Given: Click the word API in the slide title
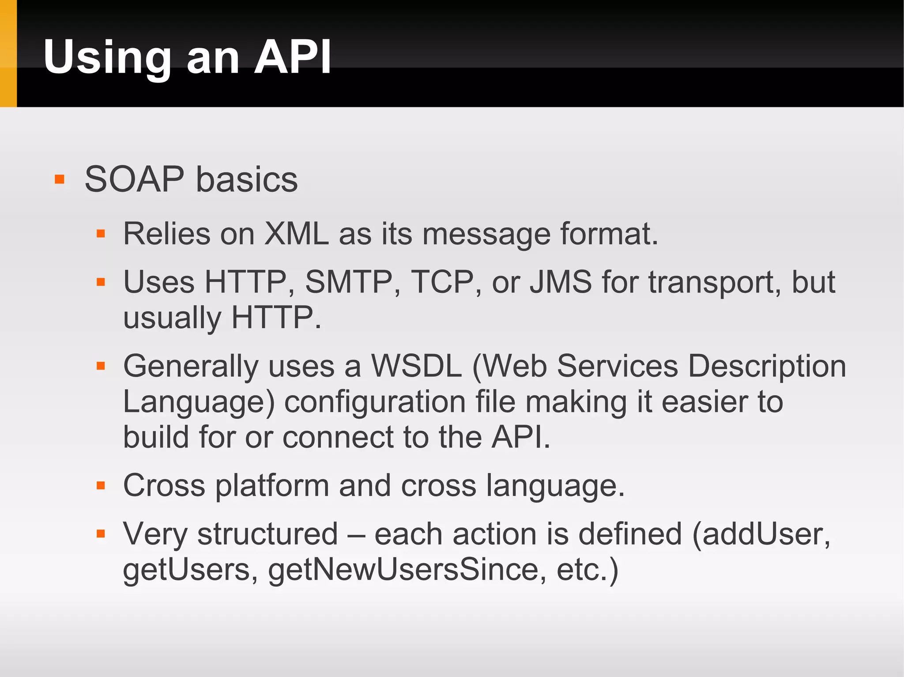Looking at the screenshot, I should [x=293, y=57].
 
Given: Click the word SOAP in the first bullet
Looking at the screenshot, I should [x=134, y=180].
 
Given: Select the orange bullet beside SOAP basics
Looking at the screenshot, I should [x=60, y=180].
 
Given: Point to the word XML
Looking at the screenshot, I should [x=296, y=233].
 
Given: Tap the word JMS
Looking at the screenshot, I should [x=561, y=282].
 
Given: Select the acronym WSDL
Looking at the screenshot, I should [x=416, y=366].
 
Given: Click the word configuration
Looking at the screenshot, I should [x=375, y=402].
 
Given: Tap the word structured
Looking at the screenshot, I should [x=267, y=534].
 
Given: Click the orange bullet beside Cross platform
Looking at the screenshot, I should [x=101, y=486].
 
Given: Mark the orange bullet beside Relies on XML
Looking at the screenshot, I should [x=101, y=234].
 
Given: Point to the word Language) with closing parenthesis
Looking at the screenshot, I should [x=199, y=402].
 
